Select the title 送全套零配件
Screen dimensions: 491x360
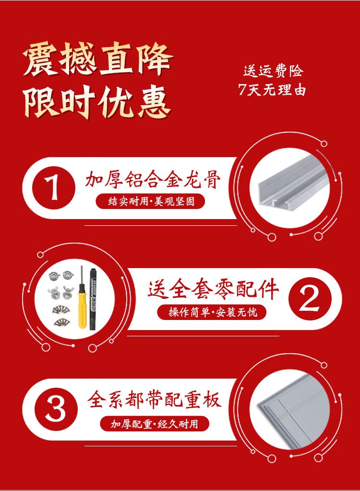point(213,290)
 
